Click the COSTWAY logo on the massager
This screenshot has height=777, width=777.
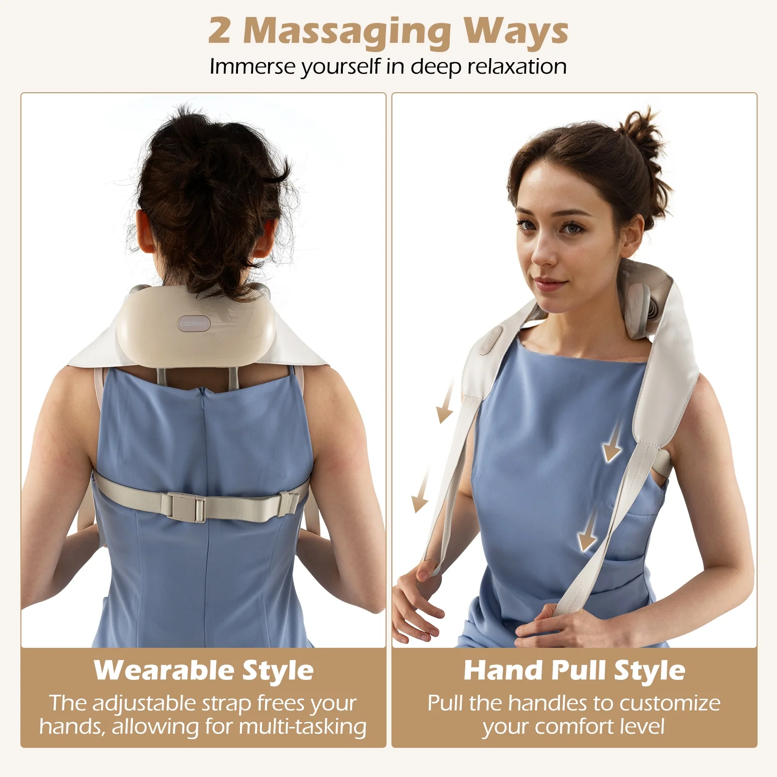pos(193,323)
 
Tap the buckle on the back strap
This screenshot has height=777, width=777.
pos(187,507)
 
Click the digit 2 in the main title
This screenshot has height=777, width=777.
pos(220,31)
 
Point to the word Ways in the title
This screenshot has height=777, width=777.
pos(515,31)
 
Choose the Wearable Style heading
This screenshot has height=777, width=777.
pos(203,671)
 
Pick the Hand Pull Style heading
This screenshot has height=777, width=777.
pos(574,671)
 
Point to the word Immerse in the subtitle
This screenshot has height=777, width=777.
pos(253,67)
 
